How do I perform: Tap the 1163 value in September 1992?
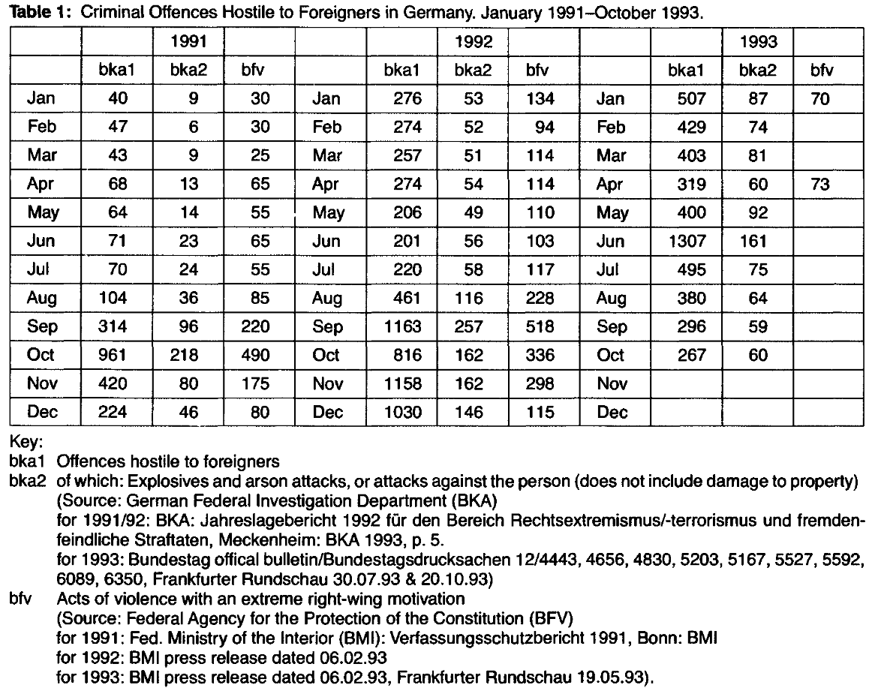tap(403, 326)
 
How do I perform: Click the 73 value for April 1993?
tap(820, 184)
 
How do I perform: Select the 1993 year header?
tap(758, 41)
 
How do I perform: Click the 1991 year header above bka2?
tap(188, 41)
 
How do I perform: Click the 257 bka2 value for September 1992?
tap(474, 326)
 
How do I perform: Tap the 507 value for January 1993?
tap(690, 98)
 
